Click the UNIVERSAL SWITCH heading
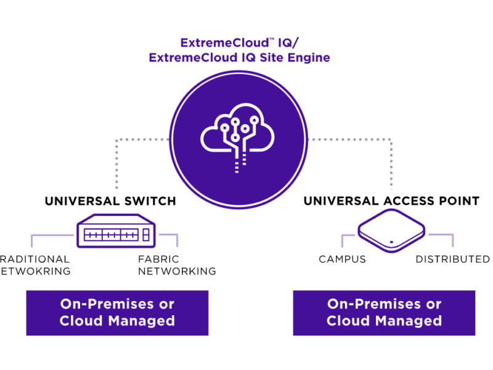coord(110,201)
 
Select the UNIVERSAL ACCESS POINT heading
coord(391,201)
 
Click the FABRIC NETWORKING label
coord(177,265)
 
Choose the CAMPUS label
coord(342,260)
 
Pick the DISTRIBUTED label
coord(452,260)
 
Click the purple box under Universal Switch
coord(117,313)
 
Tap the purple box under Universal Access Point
coord(384,313)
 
